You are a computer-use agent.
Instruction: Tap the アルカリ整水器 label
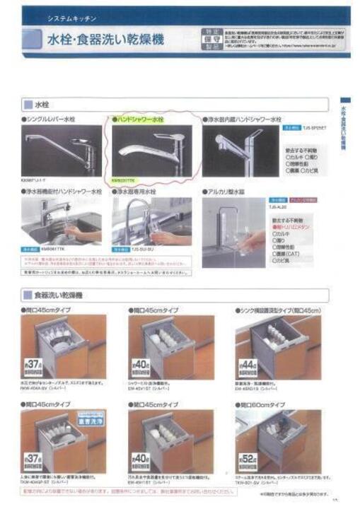pyautogui.click(x=226, y=192)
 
